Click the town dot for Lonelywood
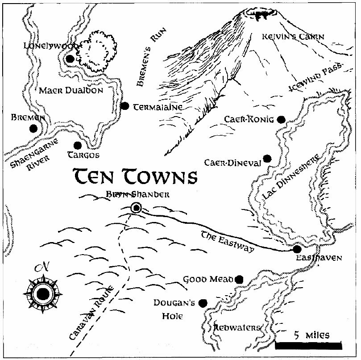point(70,59)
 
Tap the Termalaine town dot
point(125,106)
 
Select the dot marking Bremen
point(33,129)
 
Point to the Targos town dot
point(78,145)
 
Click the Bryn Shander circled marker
point(136,207)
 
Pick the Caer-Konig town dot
point(281,119)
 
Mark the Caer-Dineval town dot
point(267,159)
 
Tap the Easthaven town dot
point(298,249)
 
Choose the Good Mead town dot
point(239,279)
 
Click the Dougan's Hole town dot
point(203,303)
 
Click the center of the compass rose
point(43,293)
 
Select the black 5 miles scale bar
point(308,345)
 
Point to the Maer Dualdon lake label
point(71,90)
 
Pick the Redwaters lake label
point(237,328)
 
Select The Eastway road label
point(228,242)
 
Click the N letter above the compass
point(43,268)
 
